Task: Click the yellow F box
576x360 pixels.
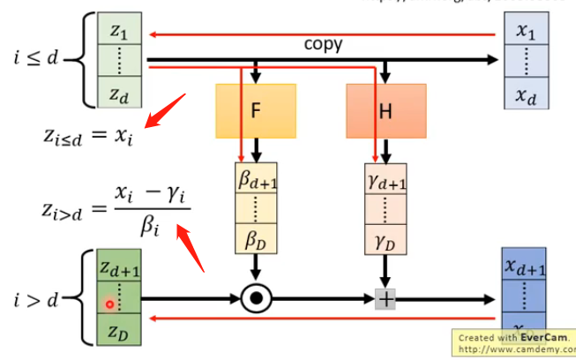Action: coord(255,111)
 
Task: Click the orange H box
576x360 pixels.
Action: coord(385,111)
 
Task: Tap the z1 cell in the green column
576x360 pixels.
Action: coord(118,31)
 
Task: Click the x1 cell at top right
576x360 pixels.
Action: coord(526,31)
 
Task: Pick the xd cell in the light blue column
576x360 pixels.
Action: coord(526,94)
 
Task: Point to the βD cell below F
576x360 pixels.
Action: coord(258,237)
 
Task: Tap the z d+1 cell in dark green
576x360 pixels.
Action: coord(119,267)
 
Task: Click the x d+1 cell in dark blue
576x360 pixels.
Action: coord(527,267)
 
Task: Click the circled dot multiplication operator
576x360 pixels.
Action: coord(256,299)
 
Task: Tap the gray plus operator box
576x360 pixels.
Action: coord(385,299)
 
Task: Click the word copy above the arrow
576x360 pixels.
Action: coord(323,43)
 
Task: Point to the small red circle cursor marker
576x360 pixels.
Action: coord(109,304)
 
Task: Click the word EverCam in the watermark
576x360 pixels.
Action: coord(538,338)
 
